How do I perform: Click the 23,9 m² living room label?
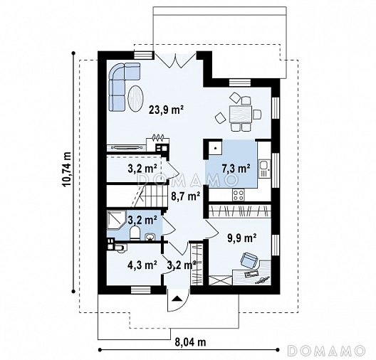[166, 110]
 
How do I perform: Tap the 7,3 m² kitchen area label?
[236, 169]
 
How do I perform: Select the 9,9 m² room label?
[242, 238]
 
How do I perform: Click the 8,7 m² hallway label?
[186, 196]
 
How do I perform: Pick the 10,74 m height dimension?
[66, 169]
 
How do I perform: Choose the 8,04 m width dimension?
[191, 342]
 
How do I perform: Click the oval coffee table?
[136, 98]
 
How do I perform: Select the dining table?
[241, 114]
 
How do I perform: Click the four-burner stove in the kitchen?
[239, 195]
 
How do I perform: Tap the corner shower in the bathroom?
[117, 220]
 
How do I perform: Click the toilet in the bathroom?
[135, 233]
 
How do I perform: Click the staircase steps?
[154, 196]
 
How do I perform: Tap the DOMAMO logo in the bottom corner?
[326, 351]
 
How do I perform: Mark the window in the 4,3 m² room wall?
[141, 290]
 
